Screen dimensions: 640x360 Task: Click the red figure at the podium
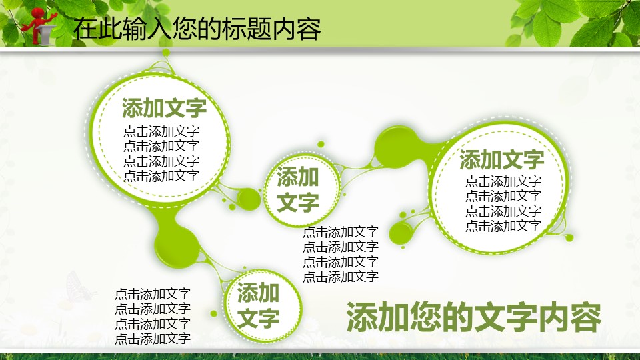click(38, 25)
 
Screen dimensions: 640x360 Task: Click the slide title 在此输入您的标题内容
click(197, 29)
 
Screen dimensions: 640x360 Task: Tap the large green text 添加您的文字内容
click(474, 317)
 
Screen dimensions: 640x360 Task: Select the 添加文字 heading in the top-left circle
click(164, 108)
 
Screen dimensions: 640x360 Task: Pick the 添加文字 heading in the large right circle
click(501, 159)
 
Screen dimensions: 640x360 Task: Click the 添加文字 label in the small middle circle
click(298, 189)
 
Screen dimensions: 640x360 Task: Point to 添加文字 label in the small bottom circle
click(259, 305)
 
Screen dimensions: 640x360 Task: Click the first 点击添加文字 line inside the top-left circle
click(161, 131)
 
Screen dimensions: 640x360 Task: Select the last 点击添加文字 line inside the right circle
click(503, 226)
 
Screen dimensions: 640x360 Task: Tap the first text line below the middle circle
click(341, 232)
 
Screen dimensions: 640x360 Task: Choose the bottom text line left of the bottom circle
click(153, 338)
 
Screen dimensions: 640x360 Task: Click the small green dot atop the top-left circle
click(166, 53)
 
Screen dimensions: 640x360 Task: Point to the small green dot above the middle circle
click(321, 144)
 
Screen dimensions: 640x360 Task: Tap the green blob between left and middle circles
click(249, 199)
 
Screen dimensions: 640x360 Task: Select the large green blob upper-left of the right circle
click(396, 147)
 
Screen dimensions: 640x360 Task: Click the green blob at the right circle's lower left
click(401, 233)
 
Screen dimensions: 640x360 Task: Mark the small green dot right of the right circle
click(569, 237)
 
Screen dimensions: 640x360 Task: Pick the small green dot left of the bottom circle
click(213, 313)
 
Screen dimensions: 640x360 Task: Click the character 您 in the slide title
click(185, 29)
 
